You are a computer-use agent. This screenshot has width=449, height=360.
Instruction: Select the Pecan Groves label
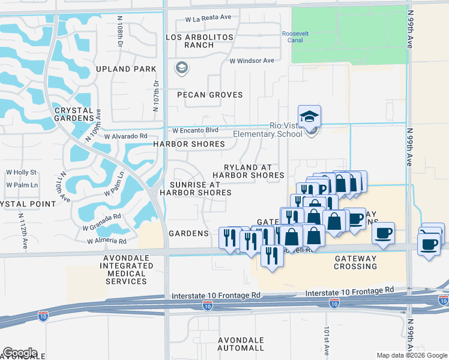209,95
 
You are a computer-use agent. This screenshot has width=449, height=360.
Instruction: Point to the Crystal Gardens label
73,115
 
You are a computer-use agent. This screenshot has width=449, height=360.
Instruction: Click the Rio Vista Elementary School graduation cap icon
309,116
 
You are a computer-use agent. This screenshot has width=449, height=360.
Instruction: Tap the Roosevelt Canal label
295,37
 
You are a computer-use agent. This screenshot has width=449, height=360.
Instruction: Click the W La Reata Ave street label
208,19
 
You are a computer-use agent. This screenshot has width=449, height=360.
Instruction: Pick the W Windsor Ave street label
252,61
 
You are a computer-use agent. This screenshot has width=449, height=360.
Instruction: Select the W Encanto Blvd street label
195,130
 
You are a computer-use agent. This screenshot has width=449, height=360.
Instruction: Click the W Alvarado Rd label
125,136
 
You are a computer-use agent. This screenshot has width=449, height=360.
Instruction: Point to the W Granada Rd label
102,221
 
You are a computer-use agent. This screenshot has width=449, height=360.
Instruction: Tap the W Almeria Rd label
106,241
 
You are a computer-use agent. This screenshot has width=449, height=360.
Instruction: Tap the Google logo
20,353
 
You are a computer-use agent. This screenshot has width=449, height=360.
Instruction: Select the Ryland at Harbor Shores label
248,171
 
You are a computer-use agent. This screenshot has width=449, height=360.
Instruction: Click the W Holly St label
21,173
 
